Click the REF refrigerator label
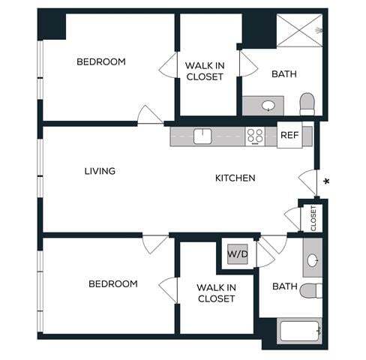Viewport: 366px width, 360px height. (289, 136)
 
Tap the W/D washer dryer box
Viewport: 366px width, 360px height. (238, 254)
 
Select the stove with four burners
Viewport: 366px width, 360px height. (256, 136)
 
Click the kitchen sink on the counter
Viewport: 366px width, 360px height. (202, 136)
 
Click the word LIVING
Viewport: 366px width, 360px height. (100, 171)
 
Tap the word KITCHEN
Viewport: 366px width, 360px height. (235, 178)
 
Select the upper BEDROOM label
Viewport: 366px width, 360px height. (100, 61)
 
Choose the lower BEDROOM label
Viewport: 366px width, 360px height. (112, 283)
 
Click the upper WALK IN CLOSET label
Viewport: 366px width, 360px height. (204, 70)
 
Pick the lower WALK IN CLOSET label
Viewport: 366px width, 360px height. (216, 293)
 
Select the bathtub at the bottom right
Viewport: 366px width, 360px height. (301, 330)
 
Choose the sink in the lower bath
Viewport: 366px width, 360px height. (312, 261)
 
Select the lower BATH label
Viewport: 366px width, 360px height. (284, 286)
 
